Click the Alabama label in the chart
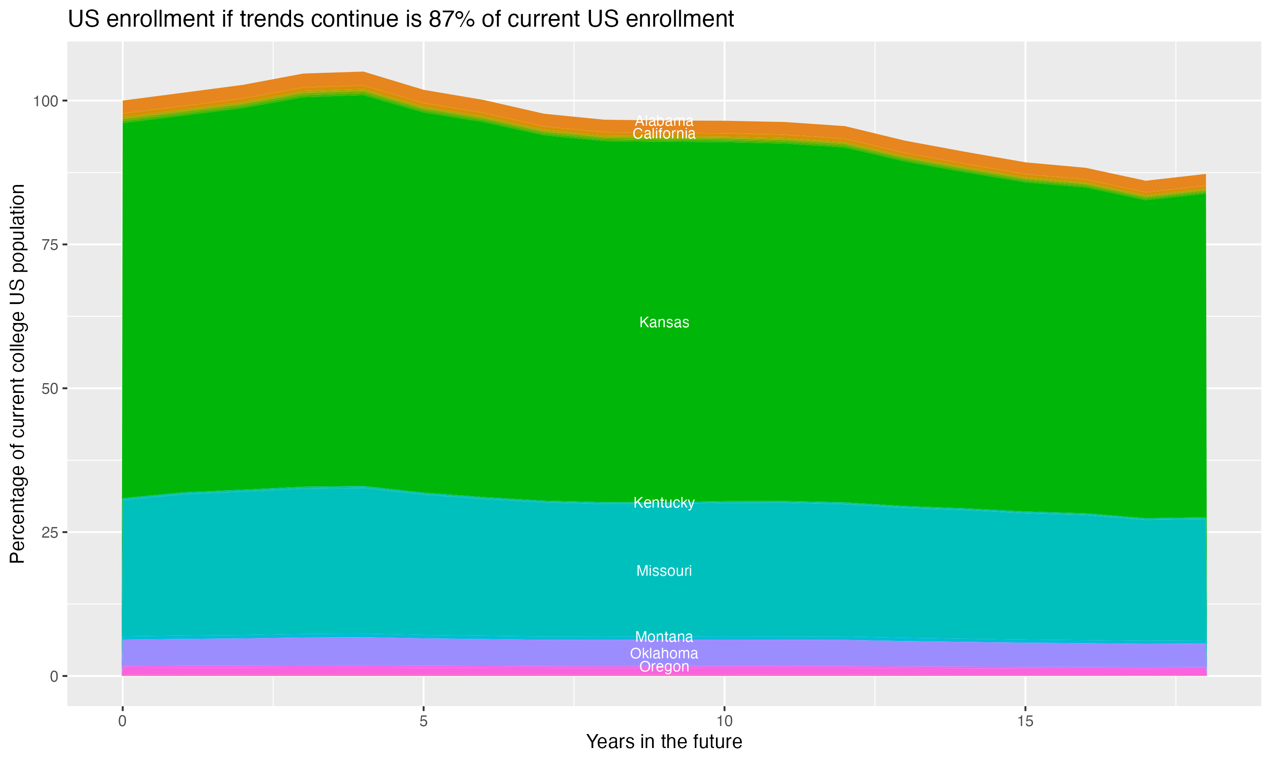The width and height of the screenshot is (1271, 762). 664,121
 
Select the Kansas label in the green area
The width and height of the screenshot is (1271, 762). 664,323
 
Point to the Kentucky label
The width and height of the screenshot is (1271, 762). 664,502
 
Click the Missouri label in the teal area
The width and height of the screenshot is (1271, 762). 664,571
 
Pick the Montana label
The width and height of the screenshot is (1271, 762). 664,637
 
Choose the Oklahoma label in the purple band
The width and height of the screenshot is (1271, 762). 664,654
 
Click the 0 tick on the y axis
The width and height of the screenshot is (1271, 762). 54,676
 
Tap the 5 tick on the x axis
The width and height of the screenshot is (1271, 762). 423,721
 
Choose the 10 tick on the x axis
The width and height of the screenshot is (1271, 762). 724,721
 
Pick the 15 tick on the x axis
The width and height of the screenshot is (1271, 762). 1025,721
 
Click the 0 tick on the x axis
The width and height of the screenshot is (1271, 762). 122,721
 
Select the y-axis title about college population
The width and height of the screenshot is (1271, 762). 17,374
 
